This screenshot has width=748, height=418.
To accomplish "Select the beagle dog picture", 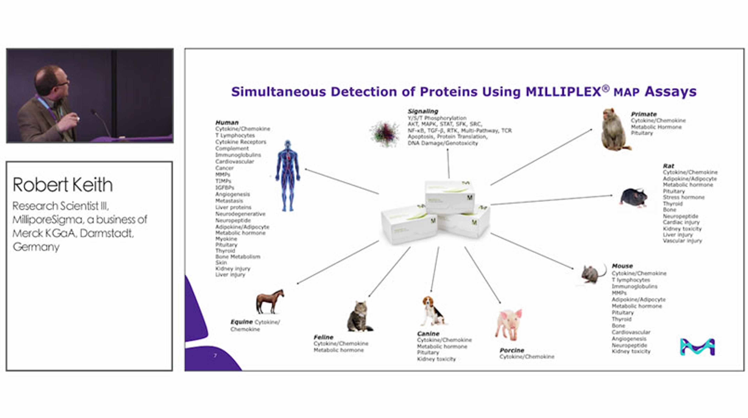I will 432,311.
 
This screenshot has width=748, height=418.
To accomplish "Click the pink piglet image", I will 509,324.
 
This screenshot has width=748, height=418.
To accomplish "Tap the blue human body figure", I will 288,176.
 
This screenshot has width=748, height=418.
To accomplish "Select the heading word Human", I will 227,122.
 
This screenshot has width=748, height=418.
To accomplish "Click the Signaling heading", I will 423,111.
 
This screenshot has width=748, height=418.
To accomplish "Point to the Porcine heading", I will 512,350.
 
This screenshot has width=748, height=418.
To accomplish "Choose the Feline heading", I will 323,337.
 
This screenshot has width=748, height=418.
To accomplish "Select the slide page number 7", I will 215,356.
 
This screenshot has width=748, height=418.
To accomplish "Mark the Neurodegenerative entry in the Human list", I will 240,214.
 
